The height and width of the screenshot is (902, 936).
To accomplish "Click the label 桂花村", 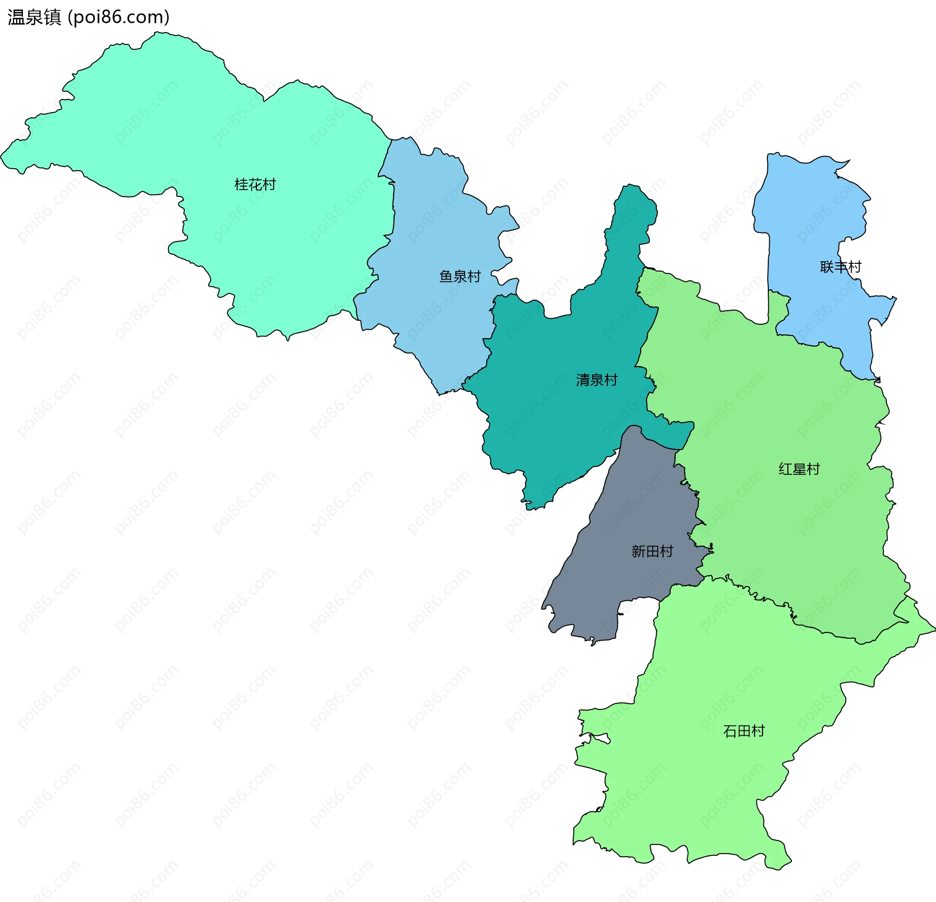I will (255, 184).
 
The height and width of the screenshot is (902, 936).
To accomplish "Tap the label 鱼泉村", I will (460, 276).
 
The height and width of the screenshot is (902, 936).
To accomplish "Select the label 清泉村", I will (597, 380).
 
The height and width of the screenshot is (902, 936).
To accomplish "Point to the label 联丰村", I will (840, 267).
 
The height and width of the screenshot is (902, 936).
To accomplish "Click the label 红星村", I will (799, 469).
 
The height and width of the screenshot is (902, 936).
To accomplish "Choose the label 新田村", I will (652, 551).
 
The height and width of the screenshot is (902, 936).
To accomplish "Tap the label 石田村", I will (743, 731).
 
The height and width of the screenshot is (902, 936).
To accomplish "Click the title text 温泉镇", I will (34, 17).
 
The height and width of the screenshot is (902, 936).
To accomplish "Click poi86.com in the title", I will (118, 17).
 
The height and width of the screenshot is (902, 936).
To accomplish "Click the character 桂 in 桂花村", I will (241, 184).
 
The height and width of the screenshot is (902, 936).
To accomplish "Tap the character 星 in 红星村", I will (799, 469).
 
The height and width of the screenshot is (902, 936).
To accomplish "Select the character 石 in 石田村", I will (730, 731).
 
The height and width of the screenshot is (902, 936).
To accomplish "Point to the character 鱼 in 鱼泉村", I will (446, 276).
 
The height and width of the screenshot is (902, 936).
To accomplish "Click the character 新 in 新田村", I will (639, 551).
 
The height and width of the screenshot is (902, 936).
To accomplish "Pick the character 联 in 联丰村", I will (827, 267).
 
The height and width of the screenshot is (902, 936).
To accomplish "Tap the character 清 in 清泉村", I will (583, 380).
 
